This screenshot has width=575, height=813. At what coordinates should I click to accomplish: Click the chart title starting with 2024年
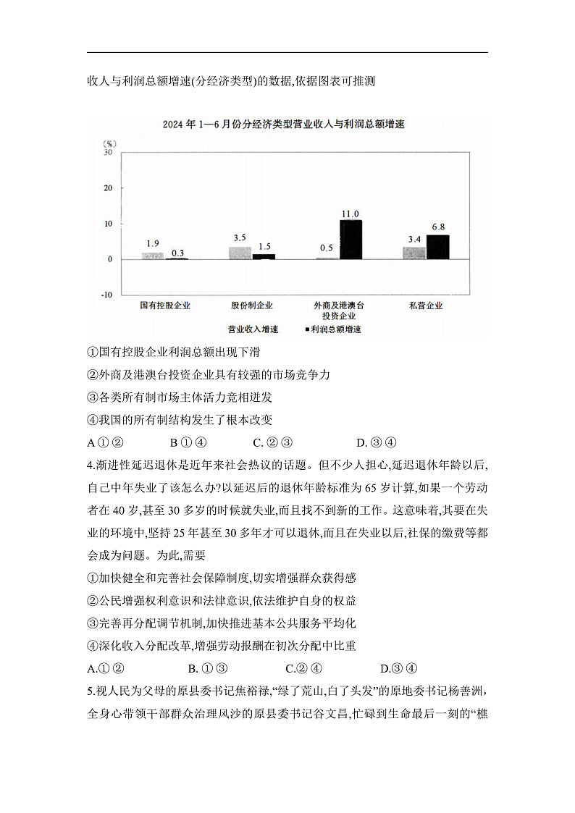tap(283, 125)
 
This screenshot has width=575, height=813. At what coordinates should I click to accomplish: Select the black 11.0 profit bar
tap(351, 240)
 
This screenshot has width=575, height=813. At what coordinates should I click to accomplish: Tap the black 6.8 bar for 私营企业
tap(437, 247)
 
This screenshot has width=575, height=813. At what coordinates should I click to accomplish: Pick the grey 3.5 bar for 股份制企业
tap(240, 253)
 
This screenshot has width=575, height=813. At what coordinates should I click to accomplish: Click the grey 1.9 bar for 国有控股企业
tap(152, 256)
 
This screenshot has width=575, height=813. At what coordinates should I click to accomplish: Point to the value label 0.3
tap(177, 253)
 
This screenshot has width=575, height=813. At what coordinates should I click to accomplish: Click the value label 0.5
tap(326, 248)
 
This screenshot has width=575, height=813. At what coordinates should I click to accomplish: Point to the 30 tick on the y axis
tap(108, 153)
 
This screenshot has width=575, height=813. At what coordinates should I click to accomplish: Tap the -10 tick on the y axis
tap(106, 295)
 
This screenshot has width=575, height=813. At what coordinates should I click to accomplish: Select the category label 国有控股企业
tap(165, 306)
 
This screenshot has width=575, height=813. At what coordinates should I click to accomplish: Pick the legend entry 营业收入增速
tap(251, 329)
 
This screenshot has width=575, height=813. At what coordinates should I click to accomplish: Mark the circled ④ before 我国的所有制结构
tap(92, 420)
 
